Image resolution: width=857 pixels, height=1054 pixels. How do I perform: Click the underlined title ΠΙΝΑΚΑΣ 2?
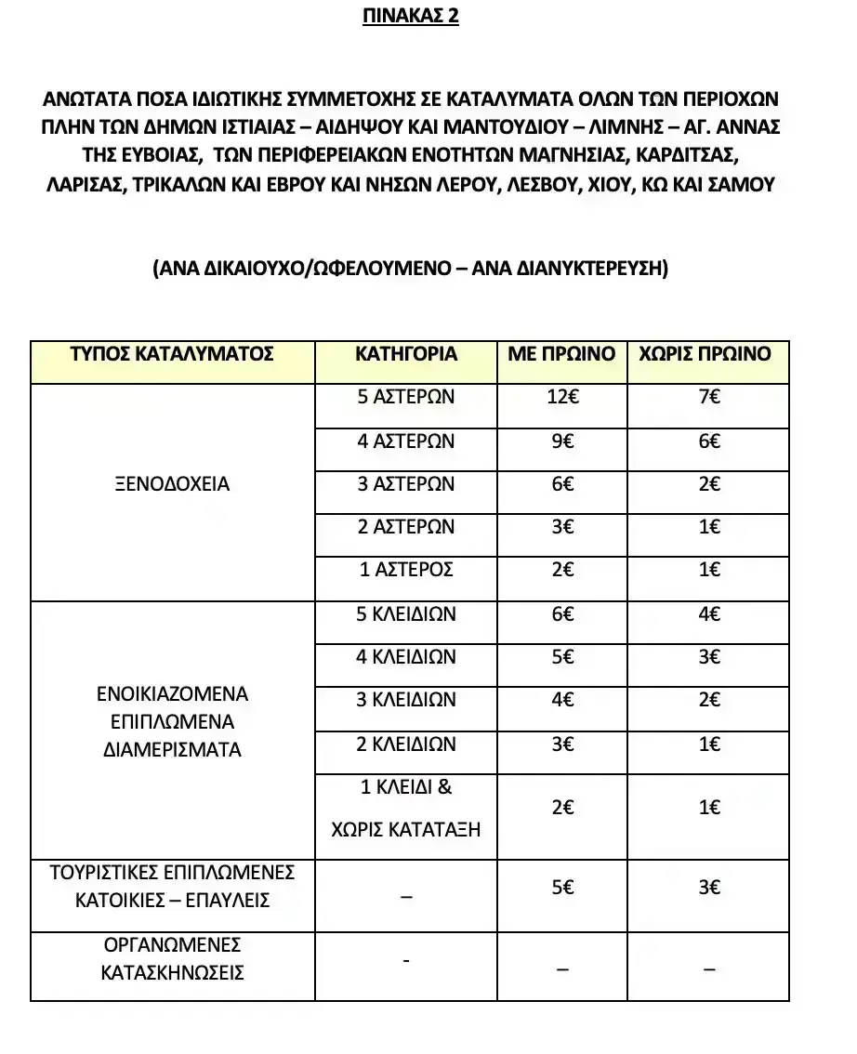(410, 18)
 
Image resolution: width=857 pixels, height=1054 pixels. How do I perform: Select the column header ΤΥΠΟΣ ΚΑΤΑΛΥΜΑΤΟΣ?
(172, 353)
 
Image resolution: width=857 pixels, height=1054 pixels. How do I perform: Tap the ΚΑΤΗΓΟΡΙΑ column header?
(406, 353)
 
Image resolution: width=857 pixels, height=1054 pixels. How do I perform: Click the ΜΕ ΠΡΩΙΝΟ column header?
(561, 353)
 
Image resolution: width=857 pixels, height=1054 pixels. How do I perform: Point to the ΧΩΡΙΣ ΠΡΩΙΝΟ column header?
(708, 353)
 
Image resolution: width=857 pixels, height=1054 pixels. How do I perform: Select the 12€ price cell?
(561, 397)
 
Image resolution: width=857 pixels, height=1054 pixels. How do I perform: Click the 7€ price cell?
(708, 397)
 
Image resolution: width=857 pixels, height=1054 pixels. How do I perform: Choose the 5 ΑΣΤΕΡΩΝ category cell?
(406, 397)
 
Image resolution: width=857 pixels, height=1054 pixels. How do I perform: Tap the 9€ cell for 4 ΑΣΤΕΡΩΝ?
(561, 441)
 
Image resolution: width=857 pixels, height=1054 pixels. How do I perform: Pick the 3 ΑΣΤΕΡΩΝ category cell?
(406, 484)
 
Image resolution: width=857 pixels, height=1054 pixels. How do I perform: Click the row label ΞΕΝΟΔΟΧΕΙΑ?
(172, 484)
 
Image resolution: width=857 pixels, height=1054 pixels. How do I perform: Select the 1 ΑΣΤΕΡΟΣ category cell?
(406, 570)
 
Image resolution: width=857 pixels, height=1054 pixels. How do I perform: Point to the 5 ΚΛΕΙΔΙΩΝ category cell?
(406, 614)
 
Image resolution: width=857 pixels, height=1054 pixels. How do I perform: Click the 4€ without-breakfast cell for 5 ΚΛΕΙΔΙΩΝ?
(708, 614)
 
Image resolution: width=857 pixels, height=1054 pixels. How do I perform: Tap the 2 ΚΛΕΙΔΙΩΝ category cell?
(406, 744)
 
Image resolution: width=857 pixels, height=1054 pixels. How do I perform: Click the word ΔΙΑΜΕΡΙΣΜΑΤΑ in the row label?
(172, 749)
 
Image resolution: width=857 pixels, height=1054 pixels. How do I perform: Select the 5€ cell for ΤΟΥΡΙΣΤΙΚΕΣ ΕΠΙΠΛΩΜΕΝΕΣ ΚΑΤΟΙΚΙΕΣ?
(561, 888)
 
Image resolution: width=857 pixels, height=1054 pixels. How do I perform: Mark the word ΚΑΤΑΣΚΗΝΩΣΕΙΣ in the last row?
(172, 973)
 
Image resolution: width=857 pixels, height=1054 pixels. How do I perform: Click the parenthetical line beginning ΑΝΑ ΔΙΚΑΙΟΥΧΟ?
(410, 268)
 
